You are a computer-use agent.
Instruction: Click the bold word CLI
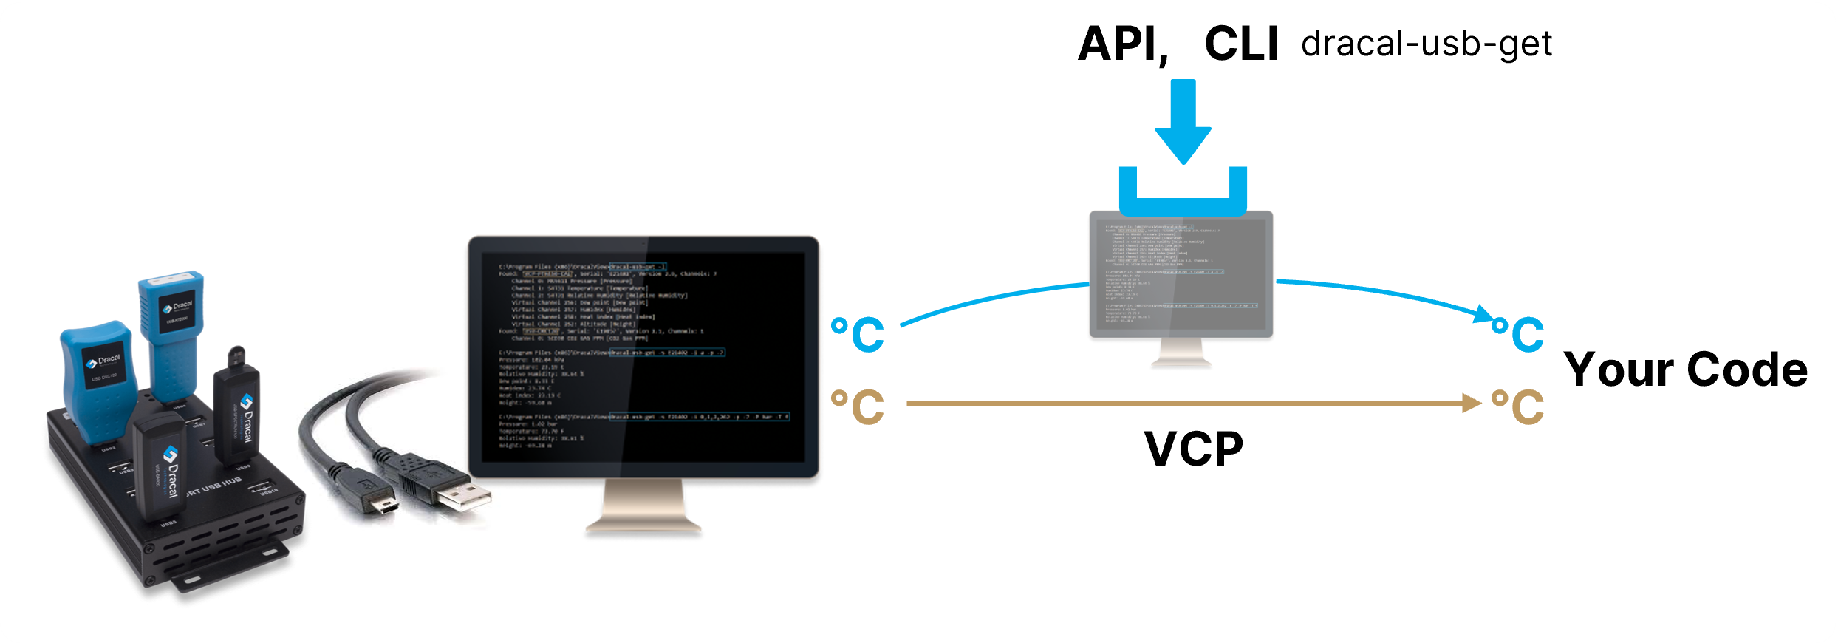[1241, 44]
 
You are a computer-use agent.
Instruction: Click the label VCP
[1193, 449]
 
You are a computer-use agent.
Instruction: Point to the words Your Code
[1685, 370]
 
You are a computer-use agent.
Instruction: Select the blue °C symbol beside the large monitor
[858, 335]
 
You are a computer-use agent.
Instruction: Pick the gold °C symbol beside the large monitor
[858, 406]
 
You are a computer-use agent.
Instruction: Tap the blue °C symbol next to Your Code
[1518, 335]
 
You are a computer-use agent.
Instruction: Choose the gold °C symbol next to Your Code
[1518, 406]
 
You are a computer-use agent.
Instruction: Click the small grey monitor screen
[1181, 273]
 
